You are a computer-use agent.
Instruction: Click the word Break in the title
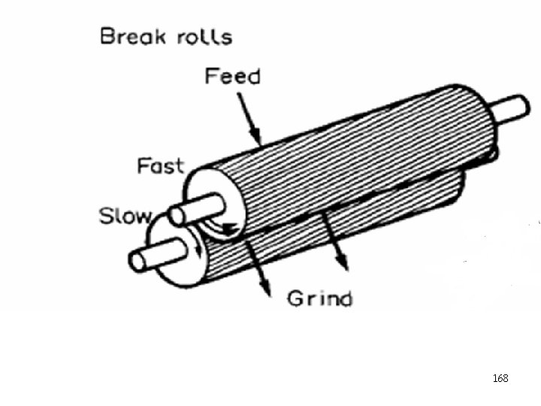click(132, 37)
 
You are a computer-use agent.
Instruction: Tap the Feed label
click(232, 77)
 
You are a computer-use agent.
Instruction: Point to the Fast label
click(160, 166)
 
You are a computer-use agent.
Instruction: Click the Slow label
click(125, 217)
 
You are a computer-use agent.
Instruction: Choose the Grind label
click(319, 298)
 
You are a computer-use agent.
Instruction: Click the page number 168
click(500, 378)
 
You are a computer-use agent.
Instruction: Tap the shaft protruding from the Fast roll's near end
click(197, 210)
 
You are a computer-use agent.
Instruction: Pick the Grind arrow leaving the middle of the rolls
click(334, 241)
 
